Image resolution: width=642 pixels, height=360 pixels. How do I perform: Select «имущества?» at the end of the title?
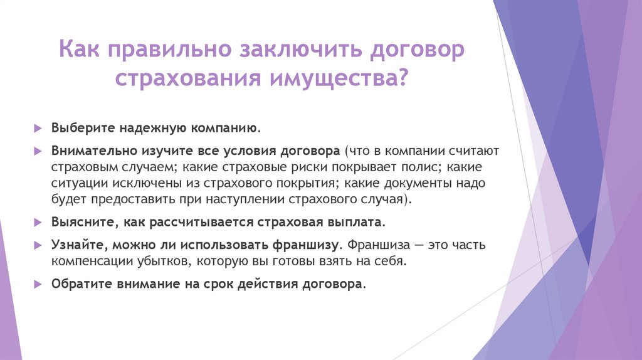[338, 80]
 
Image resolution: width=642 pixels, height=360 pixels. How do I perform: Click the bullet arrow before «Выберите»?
[37, 128]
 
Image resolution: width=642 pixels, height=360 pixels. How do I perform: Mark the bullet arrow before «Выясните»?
[37, 223]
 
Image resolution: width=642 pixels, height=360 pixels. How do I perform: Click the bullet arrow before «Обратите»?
[37, 283]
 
